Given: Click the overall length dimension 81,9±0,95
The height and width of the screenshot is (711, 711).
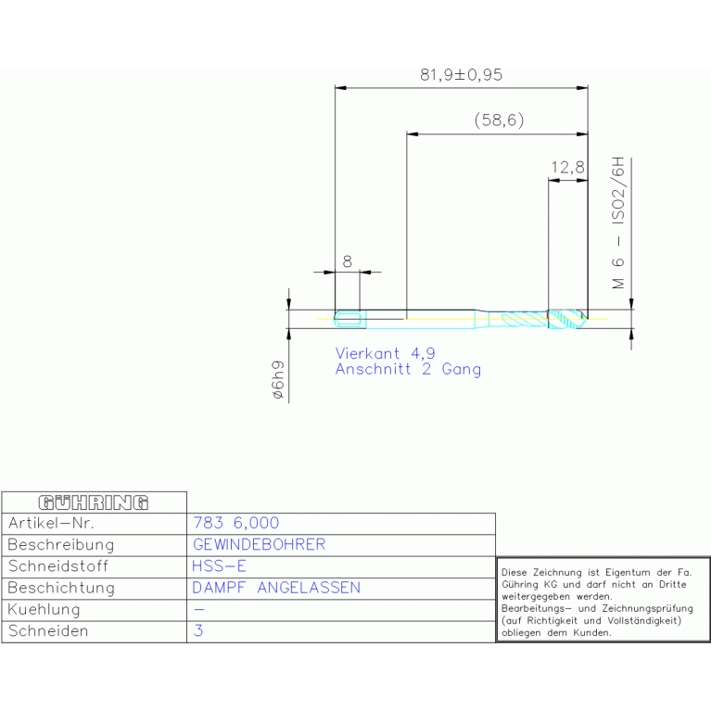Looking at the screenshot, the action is [x=461, y=75].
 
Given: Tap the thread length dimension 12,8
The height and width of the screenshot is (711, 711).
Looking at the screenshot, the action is [x=567, y=167].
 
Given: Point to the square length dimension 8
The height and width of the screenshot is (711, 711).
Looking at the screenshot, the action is [x=348, y=261].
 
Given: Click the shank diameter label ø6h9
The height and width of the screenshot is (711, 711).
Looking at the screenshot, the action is [x=278, y=380].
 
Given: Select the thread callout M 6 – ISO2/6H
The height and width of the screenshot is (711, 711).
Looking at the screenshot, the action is [x=618, y=223].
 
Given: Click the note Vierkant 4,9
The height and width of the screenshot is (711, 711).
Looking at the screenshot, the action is [x=385, y=353].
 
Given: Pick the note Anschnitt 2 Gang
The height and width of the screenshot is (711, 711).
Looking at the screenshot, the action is [x=408, y=369].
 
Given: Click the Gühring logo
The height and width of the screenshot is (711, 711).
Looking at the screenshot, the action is [x=94, y=502].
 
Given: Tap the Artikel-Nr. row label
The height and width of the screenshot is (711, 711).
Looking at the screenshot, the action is [x=51, y=523].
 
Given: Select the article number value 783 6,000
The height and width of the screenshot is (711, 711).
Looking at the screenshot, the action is [x=236, y=523].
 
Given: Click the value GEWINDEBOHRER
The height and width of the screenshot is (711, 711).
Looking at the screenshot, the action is [x=260, y=544].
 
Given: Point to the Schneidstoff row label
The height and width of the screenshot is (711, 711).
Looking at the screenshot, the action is [x=58, y=566].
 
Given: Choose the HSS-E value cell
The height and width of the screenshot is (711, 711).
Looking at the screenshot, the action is [x=219, y=566].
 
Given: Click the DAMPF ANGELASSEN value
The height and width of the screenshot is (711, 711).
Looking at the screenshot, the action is [x=276, y=588].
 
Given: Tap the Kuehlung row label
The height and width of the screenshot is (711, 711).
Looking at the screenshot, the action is [x=44, y=609].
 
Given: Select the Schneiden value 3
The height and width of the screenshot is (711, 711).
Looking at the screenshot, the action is [x=198, y=630].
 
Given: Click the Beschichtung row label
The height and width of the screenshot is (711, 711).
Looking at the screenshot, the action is [x=61, y=588].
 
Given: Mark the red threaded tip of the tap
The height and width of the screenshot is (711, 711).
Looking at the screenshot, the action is [x=567, y=319].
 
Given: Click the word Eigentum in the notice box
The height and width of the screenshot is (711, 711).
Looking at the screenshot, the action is [x=628, y=573].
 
